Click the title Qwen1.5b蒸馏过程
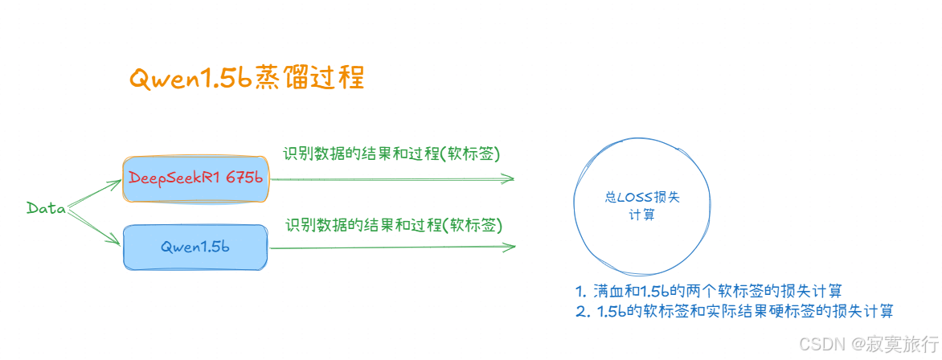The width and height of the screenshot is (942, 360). coord(247,77)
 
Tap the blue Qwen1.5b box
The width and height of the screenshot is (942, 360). coord(195,247)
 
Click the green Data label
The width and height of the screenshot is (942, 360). coord(46,208)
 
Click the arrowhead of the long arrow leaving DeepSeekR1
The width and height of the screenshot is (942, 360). coord(508,179)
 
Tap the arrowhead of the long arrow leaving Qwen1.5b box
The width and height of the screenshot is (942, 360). coord(508,247)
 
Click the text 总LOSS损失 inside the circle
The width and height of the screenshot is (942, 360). coord(641,198)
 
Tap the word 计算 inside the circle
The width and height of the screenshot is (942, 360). coord(641,215)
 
